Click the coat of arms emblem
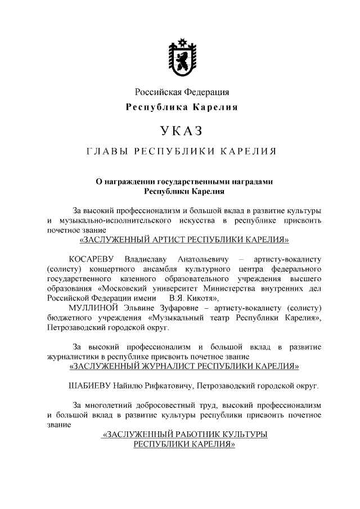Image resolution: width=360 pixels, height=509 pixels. coord(181,58)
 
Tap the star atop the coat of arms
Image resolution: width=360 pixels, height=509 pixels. coord(181,41)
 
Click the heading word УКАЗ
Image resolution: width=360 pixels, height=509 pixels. coord(181,131)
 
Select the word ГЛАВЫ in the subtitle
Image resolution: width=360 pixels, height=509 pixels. coord(107,152)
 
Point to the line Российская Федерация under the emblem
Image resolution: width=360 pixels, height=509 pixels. coord(181,92)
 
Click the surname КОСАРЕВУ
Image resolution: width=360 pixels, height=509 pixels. coord(91,259)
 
